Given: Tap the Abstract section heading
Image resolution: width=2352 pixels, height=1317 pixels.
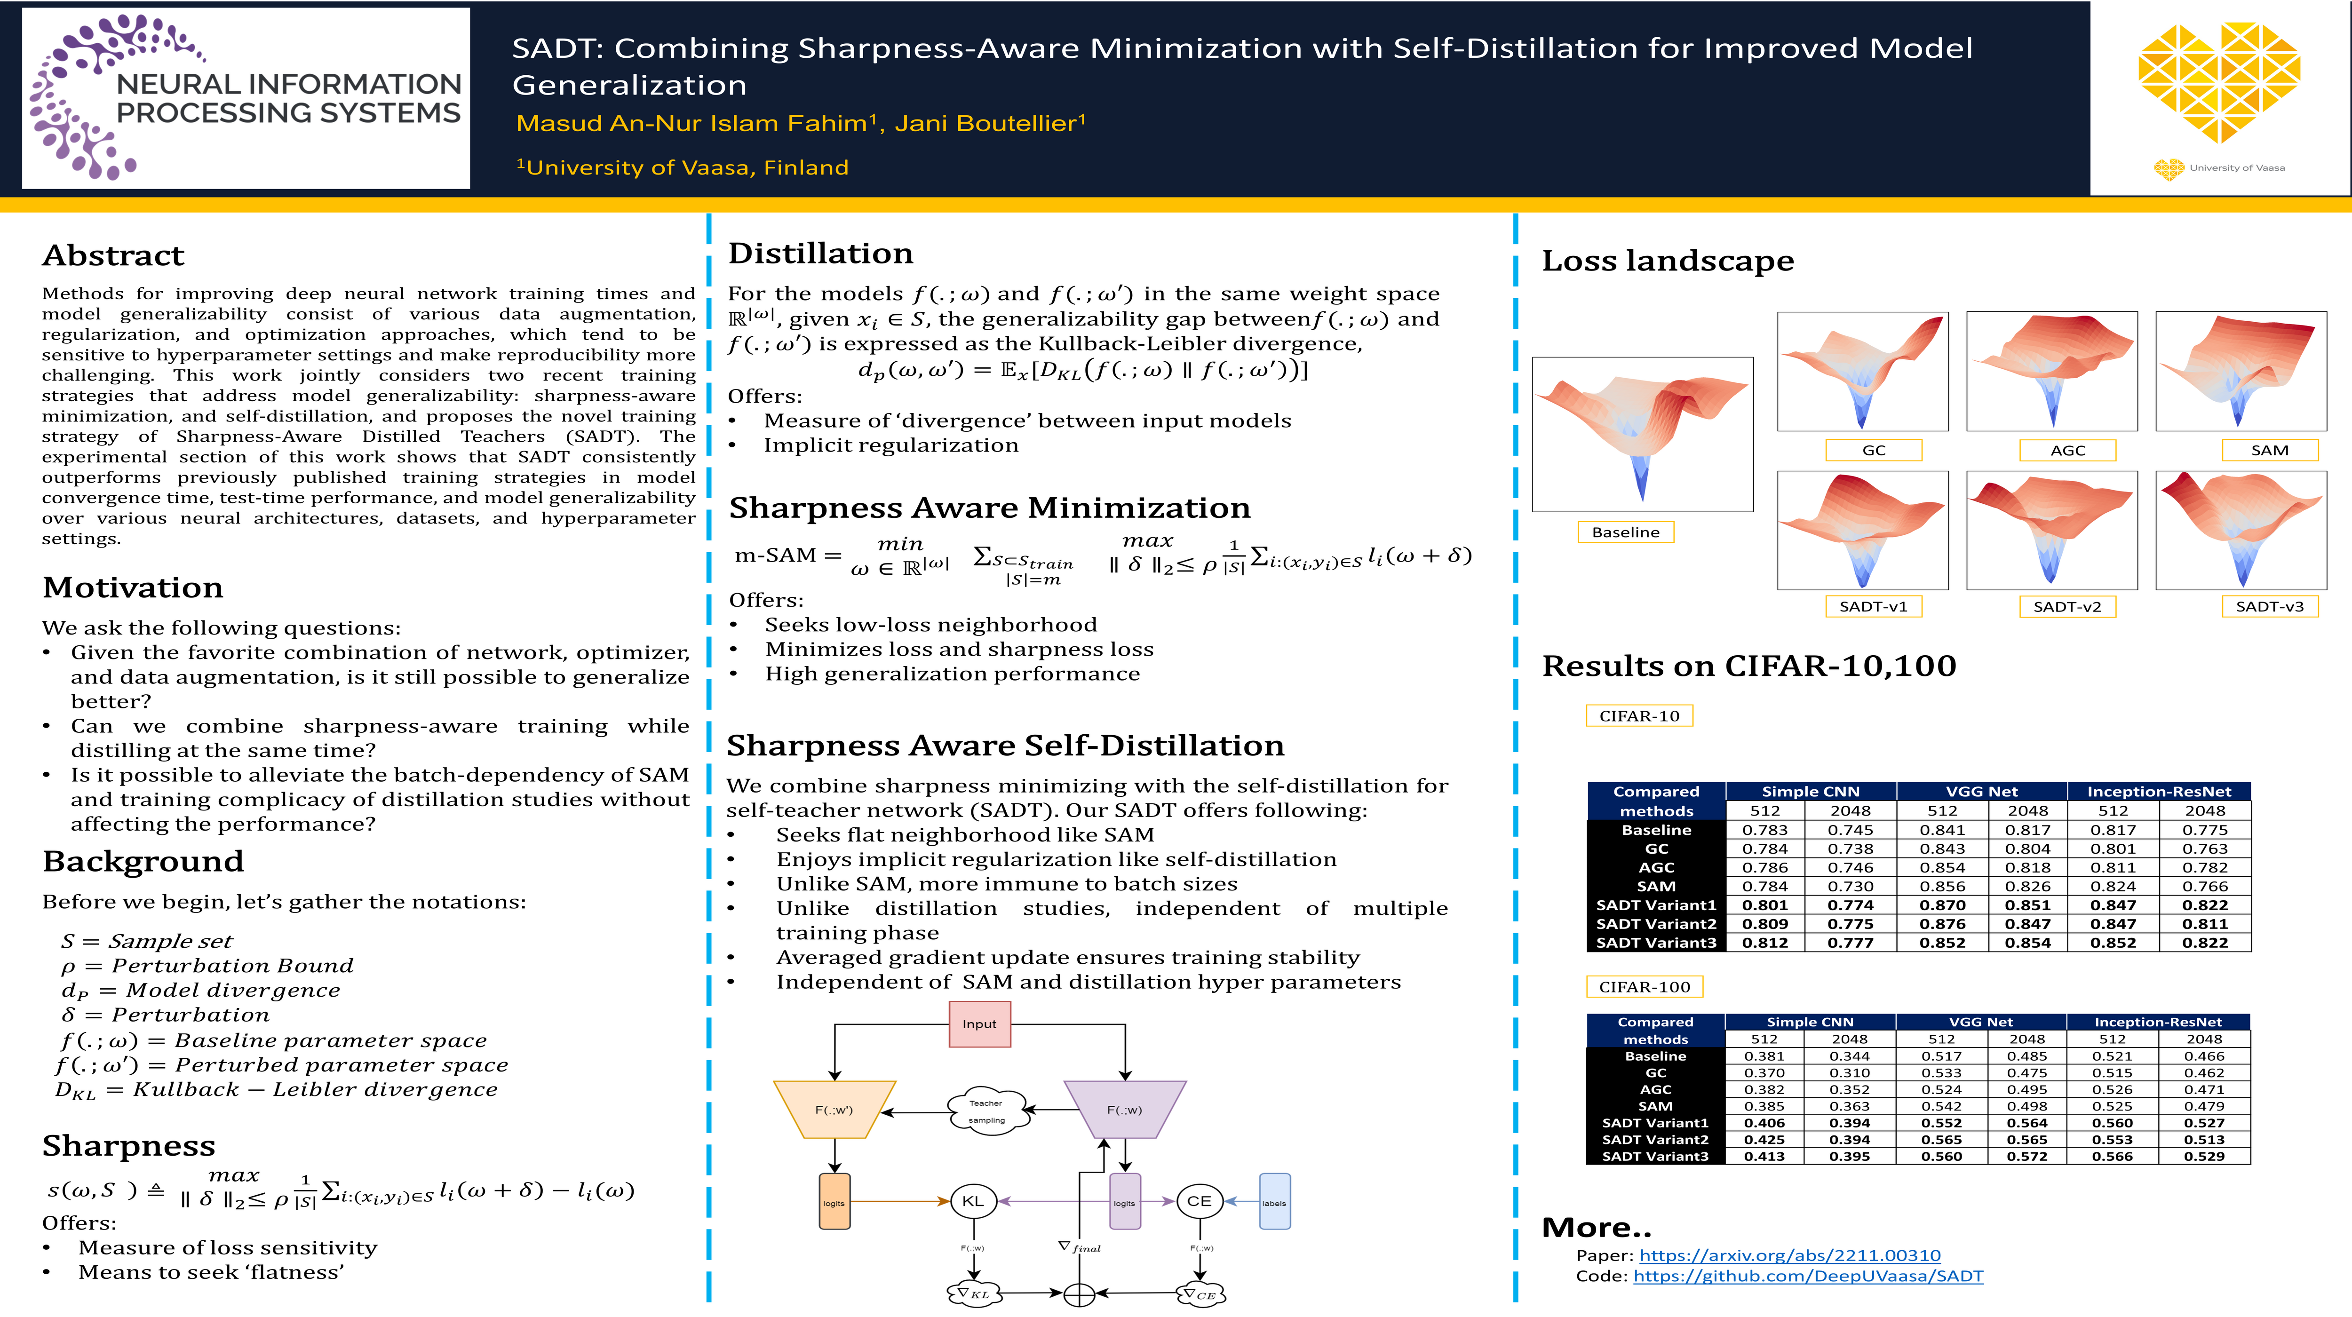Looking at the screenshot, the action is tap(113, 255).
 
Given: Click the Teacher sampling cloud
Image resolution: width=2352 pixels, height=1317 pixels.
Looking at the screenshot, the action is tap(986, 1111).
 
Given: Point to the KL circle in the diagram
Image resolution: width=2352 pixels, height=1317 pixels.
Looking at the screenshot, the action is tap(973, 1201).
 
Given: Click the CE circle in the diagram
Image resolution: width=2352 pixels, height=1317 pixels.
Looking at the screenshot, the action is tap(1200, 1201).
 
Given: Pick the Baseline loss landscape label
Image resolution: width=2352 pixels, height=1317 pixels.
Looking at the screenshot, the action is tap(1626, 532).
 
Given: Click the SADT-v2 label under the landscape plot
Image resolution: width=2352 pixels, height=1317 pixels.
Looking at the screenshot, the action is tap(2068, 607).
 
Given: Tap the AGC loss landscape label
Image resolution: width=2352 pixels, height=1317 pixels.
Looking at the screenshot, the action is tap(2068, 450).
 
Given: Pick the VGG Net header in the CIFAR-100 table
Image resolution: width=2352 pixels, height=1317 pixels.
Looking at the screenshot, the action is tap(1981, 1022).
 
